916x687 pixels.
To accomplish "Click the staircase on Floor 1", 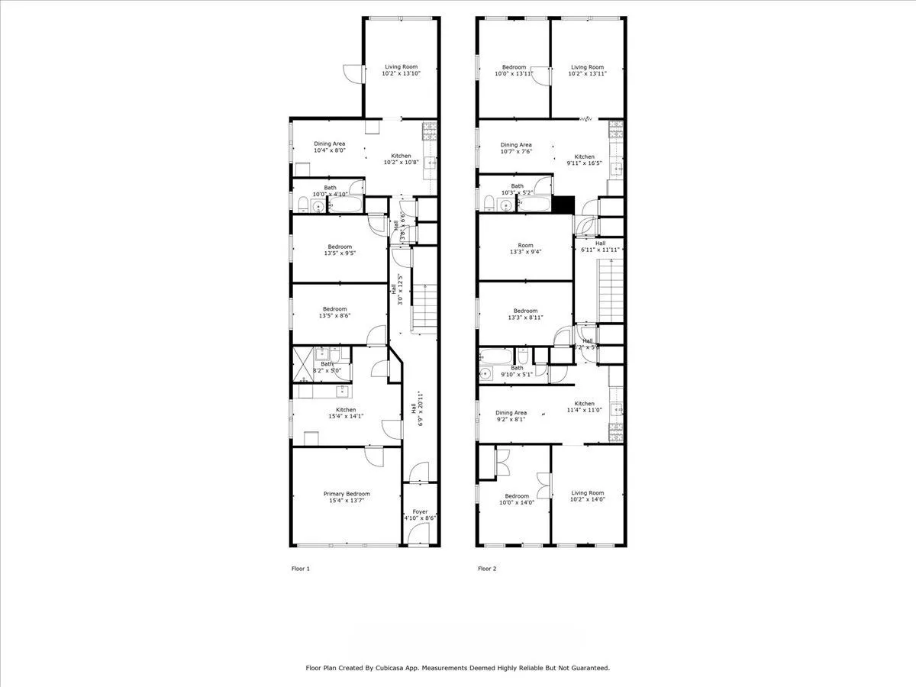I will tap(424, 305).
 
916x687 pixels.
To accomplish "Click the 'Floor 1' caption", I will tap(301, 569).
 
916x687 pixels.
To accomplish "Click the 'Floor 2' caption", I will tap(487, 569).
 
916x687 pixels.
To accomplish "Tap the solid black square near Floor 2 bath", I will tap(563, 205).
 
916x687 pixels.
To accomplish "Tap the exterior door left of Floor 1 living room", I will tap(351, 73).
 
